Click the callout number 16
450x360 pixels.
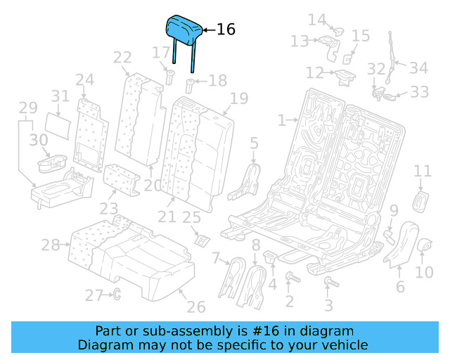tap(225, 30)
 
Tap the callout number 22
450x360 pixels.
tap(122, 58)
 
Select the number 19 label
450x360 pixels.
tap(238, 98)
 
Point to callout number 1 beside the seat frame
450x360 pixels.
tap(281, 120)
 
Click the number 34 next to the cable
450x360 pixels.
tap(418, 68)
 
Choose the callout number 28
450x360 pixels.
tap(50, 245)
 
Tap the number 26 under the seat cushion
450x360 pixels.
tap(195, 307)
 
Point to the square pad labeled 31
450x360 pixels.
tap(62, 123)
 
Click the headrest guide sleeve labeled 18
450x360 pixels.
tap(189, 87)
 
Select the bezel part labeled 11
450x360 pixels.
tap(422, 200)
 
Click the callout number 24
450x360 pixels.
tap(84, 79)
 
